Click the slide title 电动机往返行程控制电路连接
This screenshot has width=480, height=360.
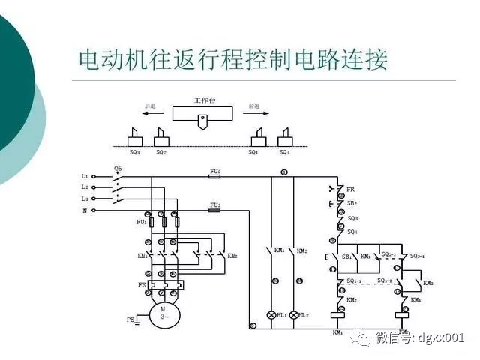pos(233,61)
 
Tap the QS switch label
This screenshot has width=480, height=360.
pos(118,169)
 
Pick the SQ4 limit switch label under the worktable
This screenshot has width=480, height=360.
pos(284,152)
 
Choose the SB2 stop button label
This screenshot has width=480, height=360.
pos(352,203)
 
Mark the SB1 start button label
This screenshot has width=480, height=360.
pos(346,256)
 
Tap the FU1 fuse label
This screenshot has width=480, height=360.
pos(141,222)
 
